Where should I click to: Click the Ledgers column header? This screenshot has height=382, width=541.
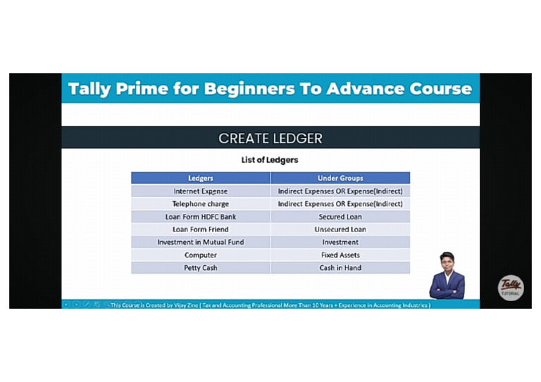pyautogui.click(x=201, y=178)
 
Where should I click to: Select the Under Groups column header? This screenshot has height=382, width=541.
pyautogui.click(x=340, y=178)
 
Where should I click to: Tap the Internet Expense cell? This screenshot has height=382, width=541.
pyautogui.click(x=201, y=191)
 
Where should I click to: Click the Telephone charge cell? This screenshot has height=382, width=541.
pyautogui.click(x=201, y=204)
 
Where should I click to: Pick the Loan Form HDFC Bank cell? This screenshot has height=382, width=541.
pyautogui.click(x=201, y=217)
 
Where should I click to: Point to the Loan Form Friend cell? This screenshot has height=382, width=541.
pyautogui.click(x=201, y=229)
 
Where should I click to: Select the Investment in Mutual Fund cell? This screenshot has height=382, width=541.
pyautogui.click(x=201, y=242)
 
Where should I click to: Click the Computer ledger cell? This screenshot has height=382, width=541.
pyautogui.click(x=201, y=255)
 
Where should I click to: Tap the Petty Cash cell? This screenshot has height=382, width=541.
pyautogui.click(x=201, y=267)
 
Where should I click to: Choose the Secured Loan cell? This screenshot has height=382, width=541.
pyautogui.click(x=340, y=217)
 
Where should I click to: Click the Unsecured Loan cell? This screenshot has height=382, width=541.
pyautogui.click(x=340, y=229)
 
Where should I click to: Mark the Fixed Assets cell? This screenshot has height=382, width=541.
pyautogui.click(x=340, y=255)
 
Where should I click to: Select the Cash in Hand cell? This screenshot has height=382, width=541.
pyautogui.click(x=340, y=267)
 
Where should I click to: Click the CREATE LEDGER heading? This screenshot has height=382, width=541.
pyautogui.click(x=270, y=139)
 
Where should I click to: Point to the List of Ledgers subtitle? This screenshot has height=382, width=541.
pyautogui.click(x=270, y=160)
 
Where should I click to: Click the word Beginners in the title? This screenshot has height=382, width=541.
pyautogui.click(x=249, y=89)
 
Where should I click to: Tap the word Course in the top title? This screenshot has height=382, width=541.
pyautogui.click(x=440, y=89)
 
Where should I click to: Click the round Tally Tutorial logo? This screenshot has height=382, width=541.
pyautogui.click(x=511, y=288)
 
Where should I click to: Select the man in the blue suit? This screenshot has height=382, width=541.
pyautogui.click(x=447, y=276)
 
